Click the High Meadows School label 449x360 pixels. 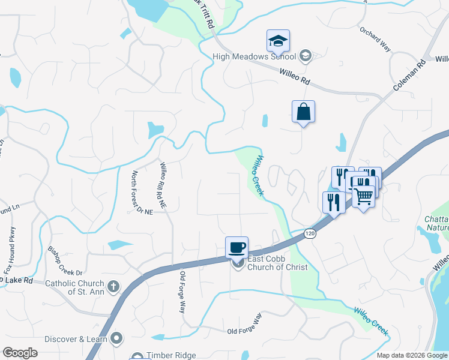click(x=255, y=57)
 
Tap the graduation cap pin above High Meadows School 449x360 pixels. click(x=278, y=41)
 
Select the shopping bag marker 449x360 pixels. click(x=303, y=112)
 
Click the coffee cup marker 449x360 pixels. click(x=237, y=247)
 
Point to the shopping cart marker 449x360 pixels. click(x=363, y=196)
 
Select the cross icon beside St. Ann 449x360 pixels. click(x=112, y=287)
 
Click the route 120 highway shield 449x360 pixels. click(x=310, y=233)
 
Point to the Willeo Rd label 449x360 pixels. click(x=294, y=76)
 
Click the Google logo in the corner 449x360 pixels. click(x=20, y=353)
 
